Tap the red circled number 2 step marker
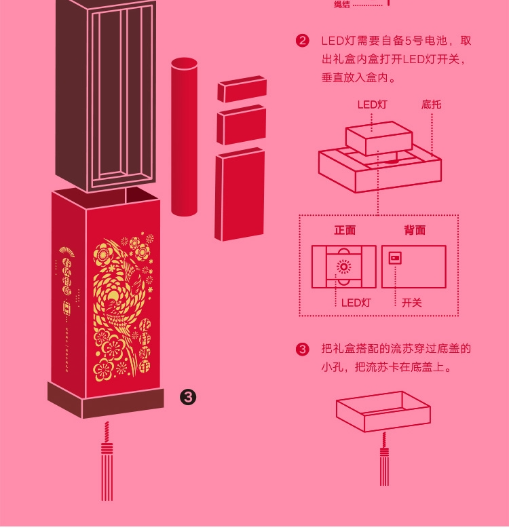(303, 41)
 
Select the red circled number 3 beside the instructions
(303, 350)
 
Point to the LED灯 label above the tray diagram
(372, 105)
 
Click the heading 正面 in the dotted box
(345, 230)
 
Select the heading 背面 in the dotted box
(415, 230)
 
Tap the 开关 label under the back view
(411, 303)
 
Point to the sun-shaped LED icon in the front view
(344, 267)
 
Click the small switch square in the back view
(394, 258)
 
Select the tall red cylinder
(183, 136)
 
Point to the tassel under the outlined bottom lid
(385, 461)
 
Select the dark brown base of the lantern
(105, 400)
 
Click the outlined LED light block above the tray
(379, 138)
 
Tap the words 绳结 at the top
(341, 5)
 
